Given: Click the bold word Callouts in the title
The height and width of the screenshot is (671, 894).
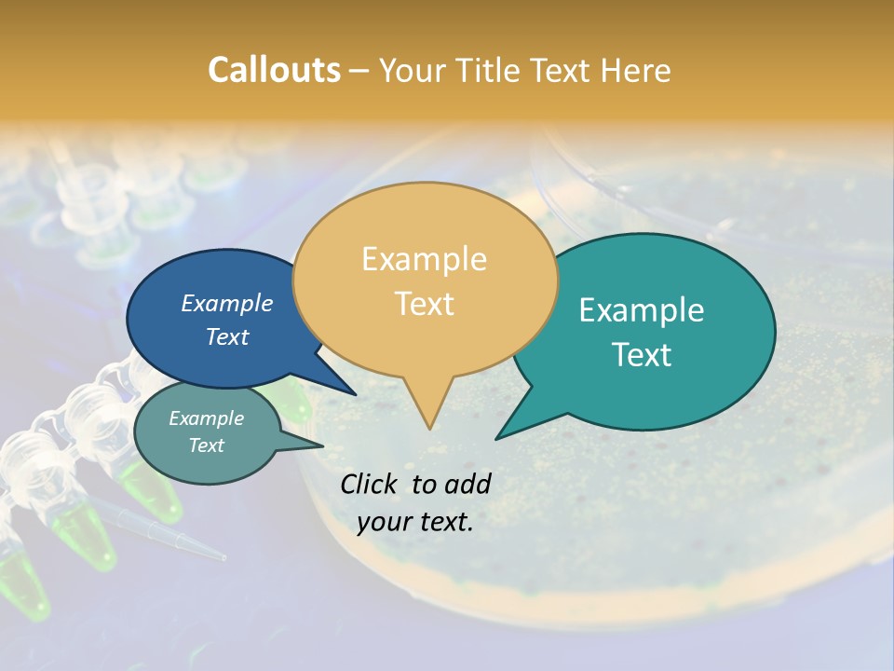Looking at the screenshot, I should coord(274,70).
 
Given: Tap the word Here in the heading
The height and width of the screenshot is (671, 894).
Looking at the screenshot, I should coord(636,70).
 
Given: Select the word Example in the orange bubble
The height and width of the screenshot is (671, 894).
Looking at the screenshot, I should coord(424,259).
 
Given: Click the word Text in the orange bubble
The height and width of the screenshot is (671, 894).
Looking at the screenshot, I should coord(424,304).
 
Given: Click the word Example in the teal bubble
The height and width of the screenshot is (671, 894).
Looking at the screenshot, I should coord(642,310).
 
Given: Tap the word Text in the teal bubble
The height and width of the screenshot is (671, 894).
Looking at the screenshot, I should coord(642,355).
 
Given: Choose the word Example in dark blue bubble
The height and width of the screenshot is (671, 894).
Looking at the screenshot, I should coord(226,303).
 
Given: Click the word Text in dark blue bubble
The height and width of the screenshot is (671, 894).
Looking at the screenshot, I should coord(226,336).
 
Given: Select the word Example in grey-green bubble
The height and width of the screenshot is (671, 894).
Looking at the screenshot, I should coord(206,418).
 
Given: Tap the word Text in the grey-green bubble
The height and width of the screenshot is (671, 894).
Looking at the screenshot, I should coord(206,445).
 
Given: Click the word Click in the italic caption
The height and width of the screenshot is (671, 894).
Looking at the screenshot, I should coord(370,484).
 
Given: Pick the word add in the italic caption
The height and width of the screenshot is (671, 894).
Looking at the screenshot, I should coord(468,484).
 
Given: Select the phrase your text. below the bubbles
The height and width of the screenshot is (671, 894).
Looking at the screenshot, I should coord(415,522).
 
